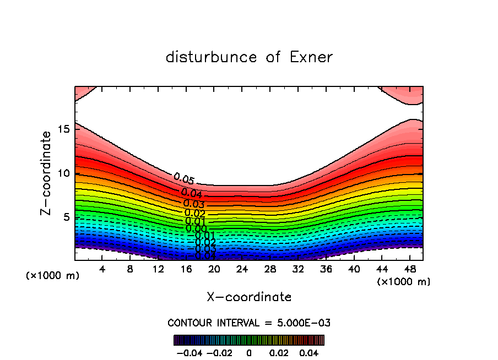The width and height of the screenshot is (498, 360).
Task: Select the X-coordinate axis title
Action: pos(249,297)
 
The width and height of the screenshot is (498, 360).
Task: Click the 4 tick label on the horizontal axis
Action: pos(102,270)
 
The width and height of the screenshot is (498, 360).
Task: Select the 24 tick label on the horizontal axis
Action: pos(242,270)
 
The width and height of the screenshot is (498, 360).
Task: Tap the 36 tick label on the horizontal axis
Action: pos(326,270)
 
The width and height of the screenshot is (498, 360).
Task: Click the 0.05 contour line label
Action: pos(183,179)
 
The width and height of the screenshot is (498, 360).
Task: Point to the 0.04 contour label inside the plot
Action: pos(191,193)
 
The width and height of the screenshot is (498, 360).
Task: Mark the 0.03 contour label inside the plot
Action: pos(194,204)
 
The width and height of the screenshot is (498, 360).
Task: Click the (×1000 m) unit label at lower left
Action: pos(52,276)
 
